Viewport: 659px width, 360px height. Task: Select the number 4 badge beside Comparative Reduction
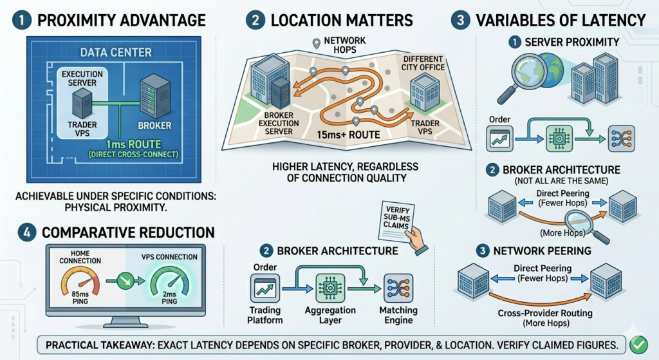[26, 232]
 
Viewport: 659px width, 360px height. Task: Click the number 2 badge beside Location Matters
[255, 20]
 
